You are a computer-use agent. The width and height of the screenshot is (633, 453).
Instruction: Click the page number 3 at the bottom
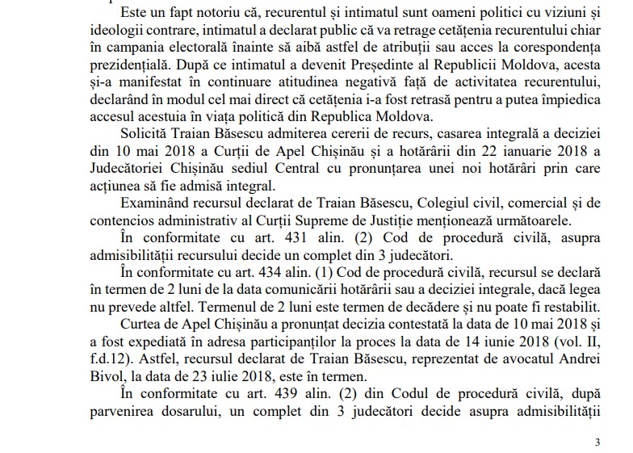[x=597, y=442]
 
